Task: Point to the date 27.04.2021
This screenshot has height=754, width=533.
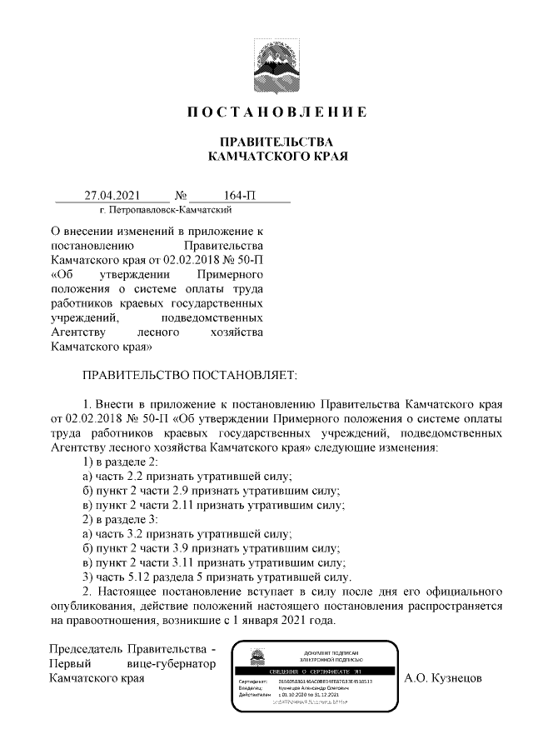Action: point(112,196)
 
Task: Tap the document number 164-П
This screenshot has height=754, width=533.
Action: point(240,196)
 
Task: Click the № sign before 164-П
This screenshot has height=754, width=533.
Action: point(181,196)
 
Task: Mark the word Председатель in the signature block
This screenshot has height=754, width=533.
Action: point(86,648)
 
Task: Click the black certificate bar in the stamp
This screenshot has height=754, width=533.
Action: point(315,671)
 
